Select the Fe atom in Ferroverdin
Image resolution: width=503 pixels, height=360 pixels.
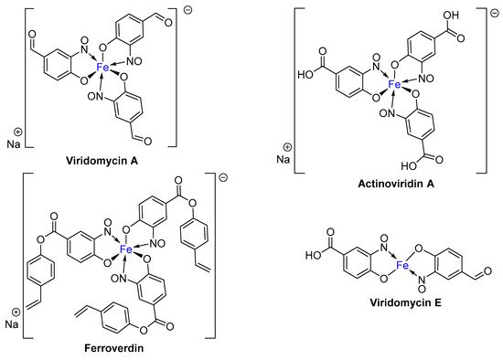point(127,249)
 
